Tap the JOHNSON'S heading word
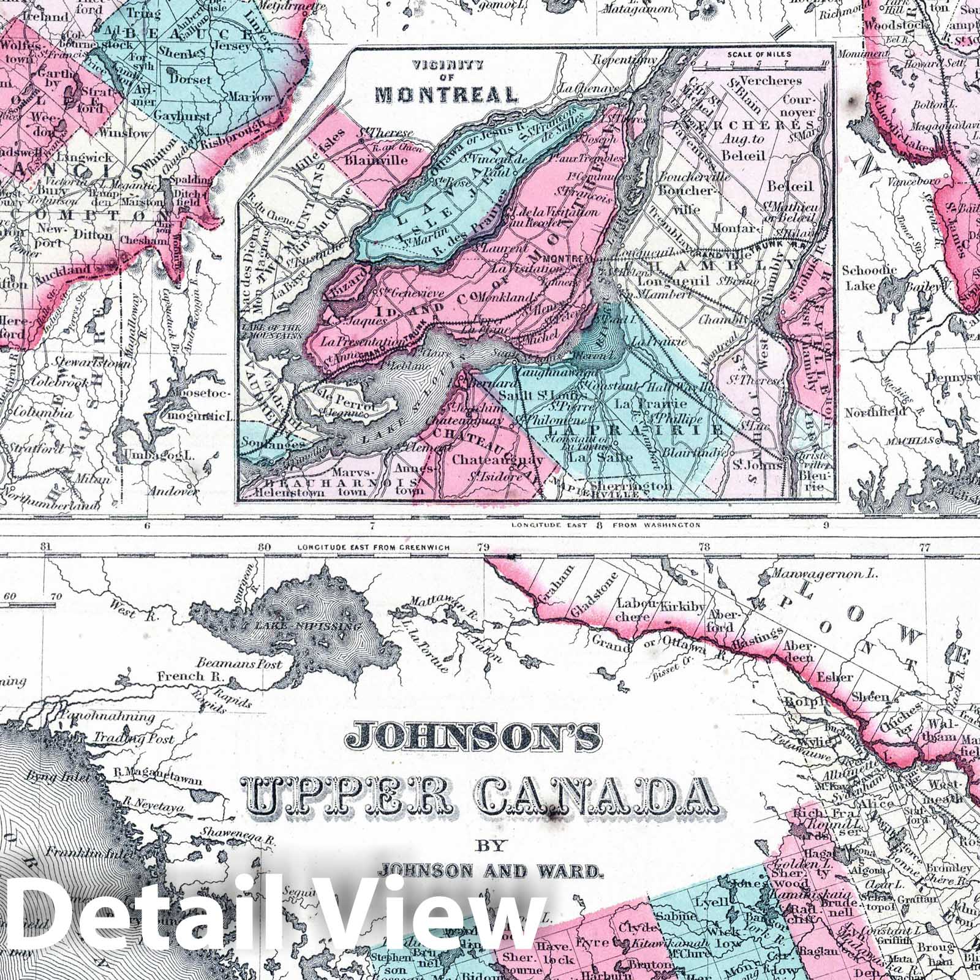coord(473,737)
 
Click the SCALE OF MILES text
coord(759,54)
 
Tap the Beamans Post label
coord(239,663)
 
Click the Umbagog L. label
coord(159,455)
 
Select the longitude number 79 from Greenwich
coord(484,547)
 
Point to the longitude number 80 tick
coord(264,547)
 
